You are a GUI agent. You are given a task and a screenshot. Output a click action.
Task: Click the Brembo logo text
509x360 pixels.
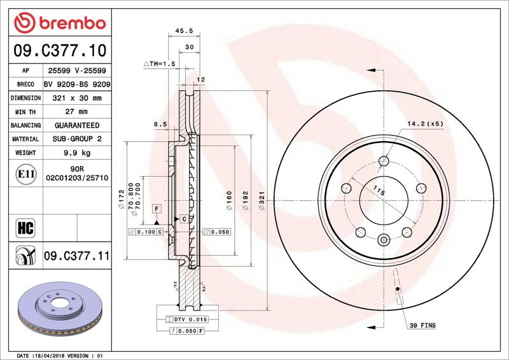pos(73,24)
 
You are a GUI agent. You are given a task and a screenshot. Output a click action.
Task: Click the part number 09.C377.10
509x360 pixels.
pos(60,50)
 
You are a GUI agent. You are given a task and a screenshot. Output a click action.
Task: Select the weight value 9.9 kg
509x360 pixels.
pos(77,153)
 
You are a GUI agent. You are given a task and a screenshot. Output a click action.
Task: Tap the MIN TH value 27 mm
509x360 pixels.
pos(76,112)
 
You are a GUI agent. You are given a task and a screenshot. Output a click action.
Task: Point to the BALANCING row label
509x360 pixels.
pos(25,125)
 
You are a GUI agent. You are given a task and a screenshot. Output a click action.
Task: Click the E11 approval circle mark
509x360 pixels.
pos(26,174)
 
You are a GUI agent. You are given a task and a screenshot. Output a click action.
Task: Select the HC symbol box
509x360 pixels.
pos(25,228)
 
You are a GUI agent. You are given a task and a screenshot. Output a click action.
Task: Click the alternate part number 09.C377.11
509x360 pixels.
pos(77,256)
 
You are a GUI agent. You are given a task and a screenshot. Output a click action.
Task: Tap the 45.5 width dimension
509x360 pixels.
pos(184,31)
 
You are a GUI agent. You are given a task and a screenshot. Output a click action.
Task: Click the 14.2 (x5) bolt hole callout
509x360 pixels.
pos(425,123)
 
